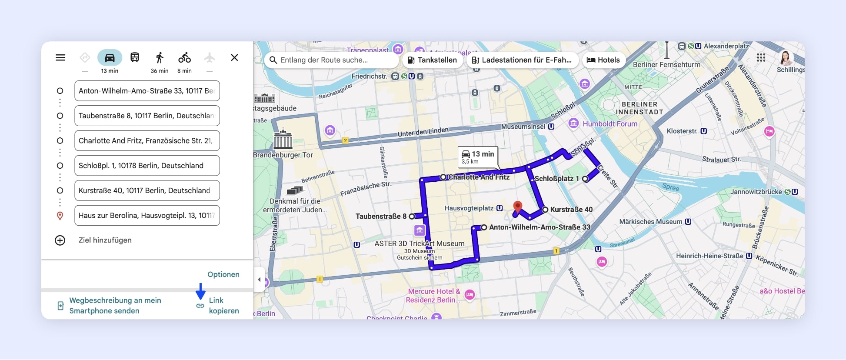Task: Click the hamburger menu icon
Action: pyautogui.click(x=60, y=57)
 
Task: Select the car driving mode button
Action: pyautogui.click(x=110, y=57)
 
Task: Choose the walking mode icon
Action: pyautogui.click(x=160, y=57)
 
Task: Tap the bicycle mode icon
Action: pyautogui.click(x=184, y=57)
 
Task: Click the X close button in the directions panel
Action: pyautogui.click(x=234, y=57)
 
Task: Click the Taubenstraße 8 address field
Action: pyautogui.click(x=147, y=116)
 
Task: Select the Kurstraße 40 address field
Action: pyautogui.click(x=147, y=190)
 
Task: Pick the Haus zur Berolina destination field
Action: pyautogui.click(x=147, y=215)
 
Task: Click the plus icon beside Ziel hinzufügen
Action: pyautogui.click(x=60, y=240)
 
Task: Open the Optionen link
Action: pyautogui.click(x=223, y=274)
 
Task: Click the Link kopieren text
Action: pyautogui.click(x=223, y=306)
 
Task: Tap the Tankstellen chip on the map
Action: pyautogui.click(x=432, y=60)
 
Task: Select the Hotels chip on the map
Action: pyautogui.click(x=603, y=60)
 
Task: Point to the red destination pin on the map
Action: pyautogui.click(x=517, y=207)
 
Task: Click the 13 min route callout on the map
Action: pyautogui.click(x=477, y=157)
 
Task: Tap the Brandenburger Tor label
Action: pyautogui.click(x=283, y=155)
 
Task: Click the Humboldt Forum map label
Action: pyautogui.click(x=610, y=124)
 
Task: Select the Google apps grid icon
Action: pyautogui.click(x=761, y=58)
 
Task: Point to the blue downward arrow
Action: pyautogui.click(x=200, y=291)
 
